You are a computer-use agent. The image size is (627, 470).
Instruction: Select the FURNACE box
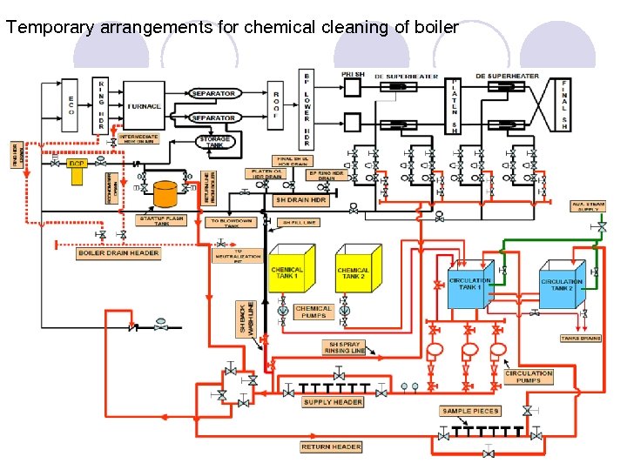(144, 106)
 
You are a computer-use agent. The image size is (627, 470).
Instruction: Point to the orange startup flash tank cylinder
(165, 193)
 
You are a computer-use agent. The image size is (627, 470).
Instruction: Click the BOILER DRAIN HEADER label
(119, 253)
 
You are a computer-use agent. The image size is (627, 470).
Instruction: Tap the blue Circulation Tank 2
(562, 285)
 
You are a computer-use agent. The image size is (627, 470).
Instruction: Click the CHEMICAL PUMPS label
(313, 312)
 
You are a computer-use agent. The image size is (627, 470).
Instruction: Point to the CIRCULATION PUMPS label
(529, 377)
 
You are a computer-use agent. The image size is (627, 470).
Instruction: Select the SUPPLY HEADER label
(333, 403)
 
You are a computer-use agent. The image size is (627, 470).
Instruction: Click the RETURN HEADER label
(331, 446)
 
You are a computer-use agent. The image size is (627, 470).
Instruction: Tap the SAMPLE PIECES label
(470, 410)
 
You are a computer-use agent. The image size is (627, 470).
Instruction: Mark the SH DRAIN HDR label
(300, 199)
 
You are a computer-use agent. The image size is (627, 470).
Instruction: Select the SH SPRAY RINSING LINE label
(346, 347)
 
